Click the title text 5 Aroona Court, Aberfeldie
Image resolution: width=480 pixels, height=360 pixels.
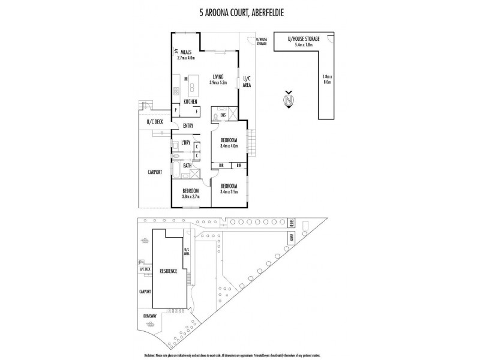click(x=239, y=10)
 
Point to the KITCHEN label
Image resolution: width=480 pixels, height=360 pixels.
click(x=190, y=102)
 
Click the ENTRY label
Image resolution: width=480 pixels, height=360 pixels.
click(x=188, y=125)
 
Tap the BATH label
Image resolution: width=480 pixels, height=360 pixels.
click(x=187, y=165)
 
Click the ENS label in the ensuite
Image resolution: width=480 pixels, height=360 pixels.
click(x=223, y=115)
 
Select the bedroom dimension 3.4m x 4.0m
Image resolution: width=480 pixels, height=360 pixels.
click(x=229, y=146)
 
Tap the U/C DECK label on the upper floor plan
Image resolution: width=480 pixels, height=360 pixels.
click(x=155, y=122)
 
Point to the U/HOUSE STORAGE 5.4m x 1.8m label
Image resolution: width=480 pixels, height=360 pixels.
click(x=303, y=41)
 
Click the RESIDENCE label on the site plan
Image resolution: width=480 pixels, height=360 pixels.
click(x=168, y=271)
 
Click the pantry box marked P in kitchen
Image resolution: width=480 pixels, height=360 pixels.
click(x=175, y=110)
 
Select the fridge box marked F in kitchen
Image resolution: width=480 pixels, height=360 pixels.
click(x=196, y=110)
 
